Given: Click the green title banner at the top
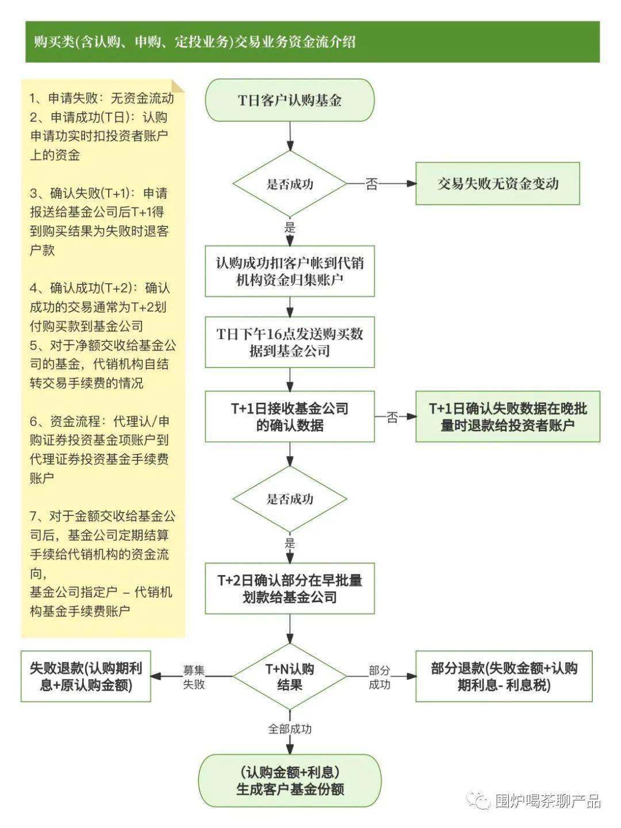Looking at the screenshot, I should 312,41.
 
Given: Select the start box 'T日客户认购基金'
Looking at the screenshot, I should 290,101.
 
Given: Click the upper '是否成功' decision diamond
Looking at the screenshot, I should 290,184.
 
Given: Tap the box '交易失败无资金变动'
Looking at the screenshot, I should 497,184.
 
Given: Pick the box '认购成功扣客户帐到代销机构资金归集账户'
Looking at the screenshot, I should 290,271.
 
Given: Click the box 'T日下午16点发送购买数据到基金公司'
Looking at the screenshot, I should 290,342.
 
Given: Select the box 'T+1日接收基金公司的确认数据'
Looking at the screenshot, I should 290,417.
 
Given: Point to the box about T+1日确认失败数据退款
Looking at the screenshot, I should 507,417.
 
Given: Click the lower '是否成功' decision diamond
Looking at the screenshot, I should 290,498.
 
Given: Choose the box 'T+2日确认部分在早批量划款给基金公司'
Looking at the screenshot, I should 290,588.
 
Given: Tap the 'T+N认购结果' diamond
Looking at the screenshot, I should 290,676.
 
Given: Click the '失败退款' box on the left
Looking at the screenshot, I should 86,676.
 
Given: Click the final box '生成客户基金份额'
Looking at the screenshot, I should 290,780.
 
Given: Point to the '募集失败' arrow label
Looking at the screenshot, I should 194,677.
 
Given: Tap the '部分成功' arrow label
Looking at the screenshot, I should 379,677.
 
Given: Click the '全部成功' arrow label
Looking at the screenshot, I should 290,729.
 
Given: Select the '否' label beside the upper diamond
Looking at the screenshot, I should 372,184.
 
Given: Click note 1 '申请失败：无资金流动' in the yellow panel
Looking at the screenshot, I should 101,98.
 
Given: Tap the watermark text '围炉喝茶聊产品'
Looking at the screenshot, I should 547,800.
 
